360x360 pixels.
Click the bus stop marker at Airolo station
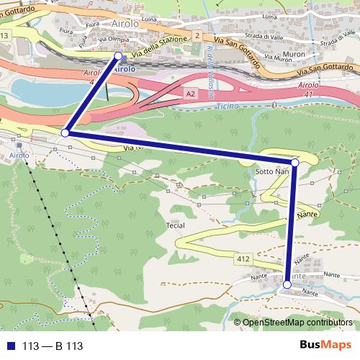[x=119, y=55]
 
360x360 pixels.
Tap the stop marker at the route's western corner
[x=65, y=133]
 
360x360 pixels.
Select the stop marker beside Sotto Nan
[x=294, y=162]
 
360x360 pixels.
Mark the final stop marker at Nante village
[x=287, y=284]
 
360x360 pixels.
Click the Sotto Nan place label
[x=272, y=173]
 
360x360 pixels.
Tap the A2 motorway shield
[x=189, y=94]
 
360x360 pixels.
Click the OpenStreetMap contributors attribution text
[x=297, y=323]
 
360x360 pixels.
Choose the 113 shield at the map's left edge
[x=5, y=35]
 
